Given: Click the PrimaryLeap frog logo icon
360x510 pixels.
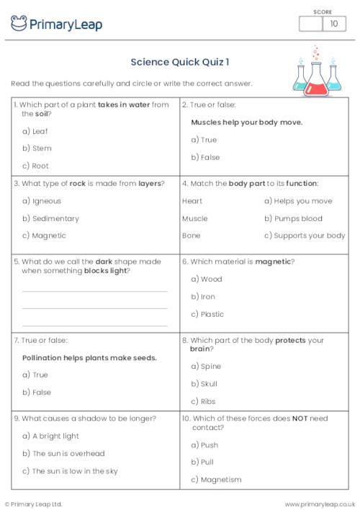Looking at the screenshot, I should tap(19, 24).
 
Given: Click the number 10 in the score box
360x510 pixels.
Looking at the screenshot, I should tap(333, 24).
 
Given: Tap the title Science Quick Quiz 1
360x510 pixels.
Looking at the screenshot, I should tap(180, 62).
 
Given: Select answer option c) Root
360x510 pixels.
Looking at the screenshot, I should tap(37, 166).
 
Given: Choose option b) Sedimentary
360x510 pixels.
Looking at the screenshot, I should tap(50, 218).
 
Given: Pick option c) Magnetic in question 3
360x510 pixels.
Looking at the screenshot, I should tap(44, 236).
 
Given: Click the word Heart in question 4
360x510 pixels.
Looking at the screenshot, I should tap(192, 201).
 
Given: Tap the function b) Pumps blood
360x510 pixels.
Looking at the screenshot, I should tap(293, 218).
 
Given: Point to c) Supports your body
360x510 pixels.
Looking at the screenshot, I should tap(305, 236).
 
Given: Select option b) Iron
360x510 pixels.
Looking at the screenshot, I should tap(203, 297).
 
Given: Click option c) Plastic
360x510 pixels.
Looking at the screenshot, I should tap(207, 314).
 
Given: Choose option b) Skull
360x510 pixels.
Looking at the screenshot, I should tap(204, 384).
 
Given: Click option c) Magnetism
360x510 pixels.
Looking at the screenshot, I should tap(216, 479).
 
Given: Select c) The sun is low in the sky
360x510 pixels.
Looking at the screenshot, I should tap(70, 471).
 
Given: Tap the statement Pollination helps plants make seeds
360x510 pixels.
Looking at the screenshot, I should tap(89, 357).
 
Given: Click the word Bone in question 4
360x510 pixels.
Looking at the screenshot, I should tap(192, 236).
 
